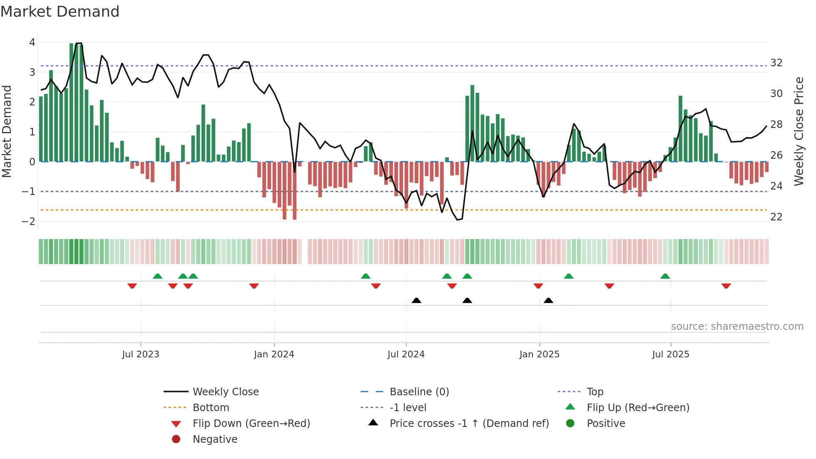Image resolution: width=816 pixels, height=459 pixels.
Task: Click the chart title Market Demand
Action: (60, 12)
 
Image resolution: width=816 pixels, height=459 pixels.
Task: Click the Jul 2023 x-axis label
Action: (140, 354)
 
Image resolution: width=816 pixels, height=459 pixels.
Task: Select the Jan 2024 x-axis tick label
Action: (274, 354)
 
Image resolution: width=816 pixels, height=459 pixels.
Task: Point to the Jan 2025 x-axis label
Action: (539, 354)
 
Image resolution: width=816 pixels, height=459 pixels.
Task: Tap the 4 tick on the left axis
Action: (32, 42)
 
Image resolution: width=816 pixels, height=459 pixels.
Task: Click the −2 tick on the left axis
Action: (28, 221)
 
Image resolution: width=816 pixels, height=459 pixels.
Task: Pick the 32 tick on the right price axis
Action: (776, 63)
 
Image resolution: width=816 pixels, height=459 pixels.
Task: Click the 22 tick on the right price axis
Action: (776, 217)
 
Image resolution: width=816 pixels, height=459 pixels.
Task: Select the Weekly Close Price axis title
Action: (799, 131)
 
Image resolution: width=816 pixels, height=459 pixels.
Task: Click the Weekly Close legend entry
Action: (225, 392)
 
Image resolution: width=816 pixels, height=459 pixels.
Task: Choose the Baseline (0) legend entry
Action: (419, 392)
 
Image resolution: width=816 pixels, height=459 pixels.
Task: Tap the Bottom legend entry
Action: (211, 408)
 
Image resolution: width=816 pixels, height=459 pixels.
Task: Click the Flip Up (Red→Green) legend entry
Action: (638, 408)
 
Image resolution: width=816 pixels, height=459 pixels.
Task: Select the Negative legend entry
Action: (215, 439)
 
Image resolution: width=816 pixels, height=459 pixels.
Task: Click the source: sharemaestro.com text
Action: (737, 327)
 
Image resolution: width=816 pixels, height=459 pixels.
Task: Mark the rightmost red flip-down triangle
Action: (726, 286)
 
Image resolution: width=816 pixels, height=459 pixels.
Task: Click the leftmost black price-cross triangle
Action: (416, 300)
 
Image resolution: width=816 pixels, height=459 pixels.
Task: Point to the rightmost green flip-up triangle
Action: (665, 276)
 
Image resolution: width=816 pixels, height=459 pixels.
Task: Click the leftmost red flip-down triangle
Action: (132, 286)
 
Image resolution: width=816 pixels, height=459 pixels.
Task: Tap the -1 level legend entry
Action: (408, 408)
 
